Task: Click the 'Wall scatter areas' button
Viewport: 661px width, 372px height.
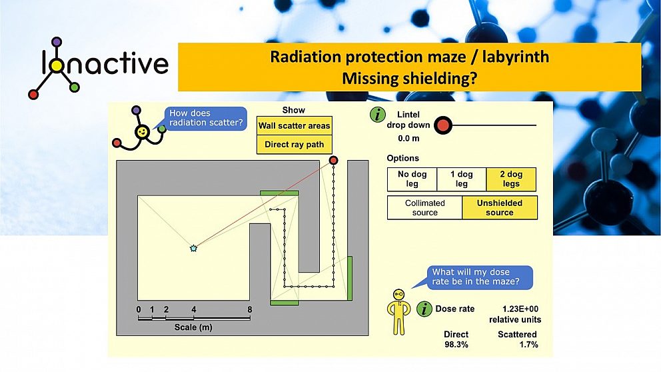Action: (x=294, y=125)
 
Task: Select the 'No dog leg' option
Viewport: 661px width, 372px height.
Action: (x=412, y=179)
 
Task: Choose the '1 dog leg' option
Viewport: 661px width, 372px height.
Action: (x=461, y=179)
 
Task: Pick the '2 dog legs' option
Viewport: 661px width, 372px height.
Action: (x=511, y=179)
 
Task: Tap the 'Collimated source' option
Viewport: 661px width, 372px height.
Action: (x=424, y=207)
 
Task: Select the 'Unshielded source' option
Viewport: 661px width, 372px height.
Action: (x=499, y=207)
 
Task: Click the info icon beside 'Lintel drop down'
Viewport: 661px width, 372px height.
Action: (x=378, y=115)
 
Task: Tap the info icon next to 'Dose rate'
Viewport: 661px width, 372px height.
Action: (x=424, y=309)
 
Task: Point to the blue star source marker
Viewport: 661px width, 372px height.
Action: (x=193, y=248)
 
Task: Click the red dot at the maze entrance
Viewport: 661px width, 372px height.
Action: (x=333, y=160)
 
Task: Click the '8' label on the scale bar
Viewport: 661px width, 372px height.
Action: (x=249, y=309)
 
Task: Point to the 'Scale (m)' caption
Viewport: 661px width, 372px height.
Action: (x=194, y=327)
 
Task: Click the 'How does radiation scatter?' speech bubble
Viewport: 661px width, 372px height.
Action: (x=205, y=118)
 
